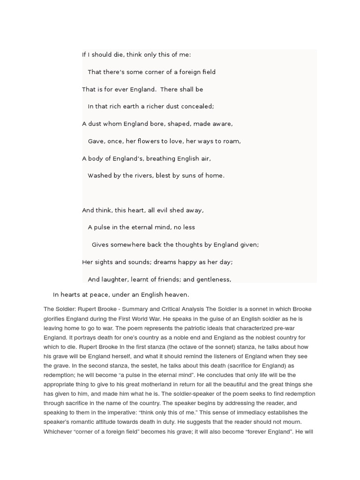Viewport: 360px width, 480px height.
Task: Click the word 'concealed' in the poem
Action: click(198, 106)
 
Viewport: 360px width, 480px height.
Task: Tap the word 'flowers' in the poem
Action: click(150, 141)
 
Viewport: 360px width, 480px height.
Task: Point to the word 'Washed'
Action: click(99, 176)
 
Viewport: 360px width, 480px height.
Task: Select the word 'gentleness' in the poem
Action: click(214, 279)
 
